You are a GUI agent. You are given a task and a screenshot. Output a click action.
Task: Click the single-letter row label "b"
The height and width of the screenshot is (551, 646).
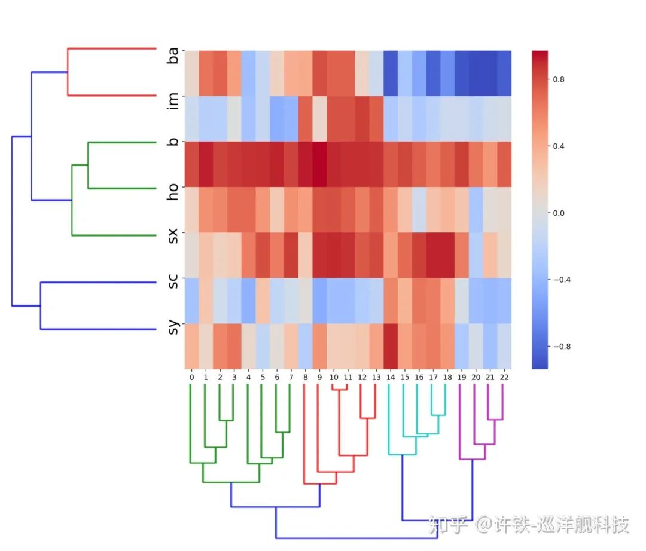coord(173,144)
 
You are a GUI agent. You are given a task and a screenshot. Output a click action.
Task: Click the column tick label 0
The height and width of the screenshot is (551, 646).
coord(191,377)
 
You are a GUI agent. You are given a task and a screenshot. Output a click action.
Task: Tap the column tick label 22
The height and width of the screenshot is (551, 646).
coord(504,377)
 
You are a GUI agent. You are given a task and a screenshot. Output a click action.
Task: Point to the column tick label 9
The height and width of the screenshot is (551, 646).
coord(319,377)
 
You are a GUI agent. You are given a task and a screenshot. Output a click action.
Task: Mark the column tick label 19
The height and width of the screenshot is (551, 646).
coord(461,377)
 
